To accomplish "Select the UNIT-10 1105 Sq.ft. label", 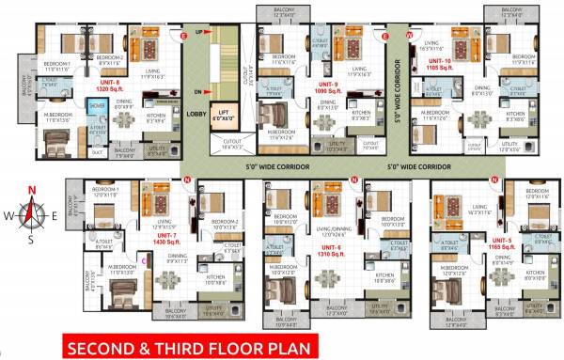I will (440, 67).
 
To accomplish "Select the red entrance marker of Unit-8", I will (184, 35).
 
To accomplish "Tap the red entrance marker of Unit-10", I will (409, 35).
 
